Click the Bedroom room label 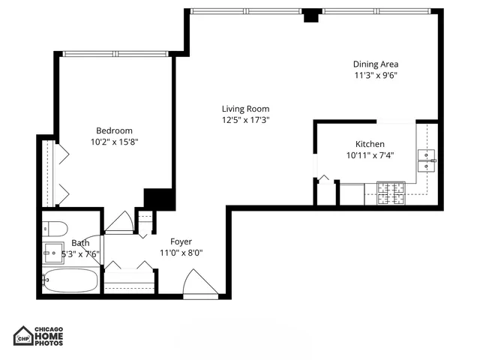[114, 130]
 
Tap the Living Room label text [245, 109]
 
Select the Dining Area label [376, 64]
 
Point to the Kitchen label [370, 144]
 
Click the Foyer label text [181, 241]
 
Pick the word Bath [80, 243]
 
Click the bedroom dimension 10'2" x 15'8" [115, 141]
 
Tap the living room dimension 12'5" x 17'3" [245, 120]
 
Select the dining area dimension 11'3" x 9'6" [376, 75]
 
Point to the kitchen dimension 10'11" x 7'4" [370, 155]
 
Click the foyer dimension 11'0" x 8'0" [181, 253]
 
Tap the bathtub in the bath [70, 281]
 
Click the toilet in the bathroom [55, 228]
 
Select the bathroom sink [53, 250]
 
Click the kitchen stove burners [390, 193]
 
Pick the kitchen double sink [427, 160]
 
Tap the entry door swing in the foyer [199, 285]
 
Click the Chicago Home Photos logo [38, 336]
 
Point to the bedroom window [114, 53]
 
